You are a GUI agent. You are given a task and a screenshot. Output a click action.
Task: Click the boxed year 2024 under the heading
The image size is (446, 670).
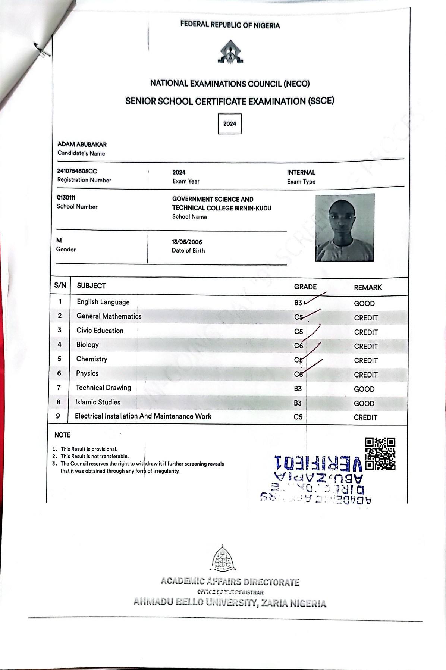230,124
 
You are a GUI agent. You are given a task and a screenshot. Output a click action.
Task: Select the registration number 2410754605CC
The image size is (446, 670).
77,171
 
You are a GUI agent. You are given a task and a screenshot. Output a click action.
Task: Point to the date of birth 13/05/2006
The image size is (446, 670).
187,242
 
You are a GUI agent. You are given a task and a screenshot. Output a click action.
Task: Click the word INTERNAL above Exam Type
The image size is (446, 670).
301,172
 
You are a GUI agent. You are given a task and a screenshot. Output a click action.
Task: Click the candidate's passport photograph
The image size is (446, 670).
344,228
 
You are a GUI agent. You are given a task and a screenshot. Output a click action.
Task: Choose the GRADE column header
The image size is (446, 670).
305,287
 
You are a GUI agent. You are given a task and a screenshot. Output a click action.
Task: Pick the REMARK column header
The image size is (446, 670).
368,287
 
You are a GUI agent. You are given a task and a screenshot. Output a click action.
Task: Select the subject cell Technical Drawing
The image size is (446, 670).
103,388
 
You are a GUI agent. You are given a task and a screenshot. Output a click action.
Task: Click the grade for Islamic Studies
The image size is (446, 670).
298,403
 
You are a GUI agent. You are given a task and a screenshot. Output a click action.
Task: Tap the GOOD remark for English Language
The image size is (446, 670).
364,303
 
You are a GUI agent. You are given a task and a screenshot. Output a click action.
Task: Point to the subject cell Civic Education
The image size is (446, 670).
100,331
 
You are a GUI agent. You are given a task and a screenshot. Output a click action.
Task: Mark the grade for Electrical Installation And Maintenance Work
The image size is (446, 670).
298,417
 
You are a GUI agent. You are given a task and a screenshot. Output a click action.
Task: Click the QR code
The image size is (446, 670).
380,453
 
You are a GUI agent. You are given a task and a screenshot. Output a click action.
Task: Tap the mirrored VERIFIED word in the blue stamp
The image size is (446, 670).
318,463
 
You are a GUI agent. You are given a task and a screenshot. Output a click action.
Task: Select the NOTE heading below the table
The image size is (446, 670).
62,435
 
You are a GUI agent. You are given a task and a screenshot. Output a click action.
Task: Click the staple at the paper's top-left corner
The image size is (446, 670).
42,51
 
